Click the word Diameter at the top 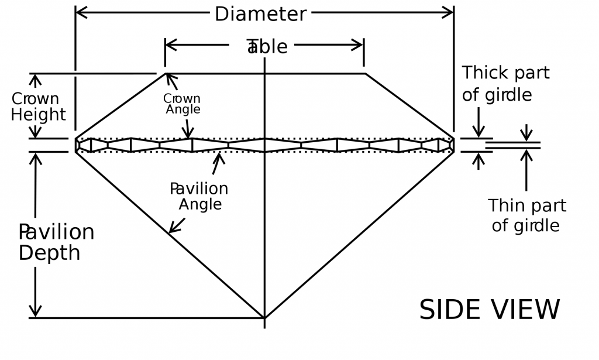coord(260,14)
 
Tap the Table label coord(267,47)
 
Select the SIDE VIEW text coord(490,310)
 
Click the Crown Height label coord(37,107)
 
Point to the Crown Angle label coord(182,104)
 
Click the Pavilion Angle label coord(199,197)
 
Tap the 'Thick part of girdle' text coord(505,84)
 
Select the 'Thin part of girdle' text coord(526,215)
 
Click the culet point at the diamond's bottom coord(264,318)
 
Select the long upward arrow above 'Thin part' coord(526,170)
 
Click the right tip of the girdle coord(454,145)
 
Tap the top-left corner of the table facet coord(166,74)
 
